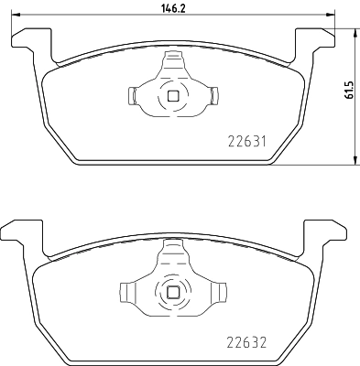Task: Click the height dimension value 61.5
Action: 349,95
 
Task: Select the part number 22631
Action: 246,141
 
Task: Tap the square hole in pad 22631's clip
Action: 172,95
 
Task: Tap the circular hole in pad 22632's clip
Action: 172,292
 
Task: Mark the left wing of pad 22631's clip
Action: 134,95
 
